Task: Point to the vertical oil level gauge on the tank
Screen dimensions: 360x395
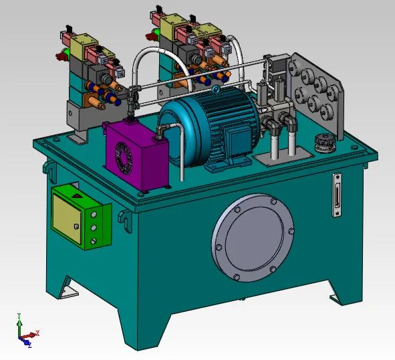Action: click(x=336, y=195)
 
